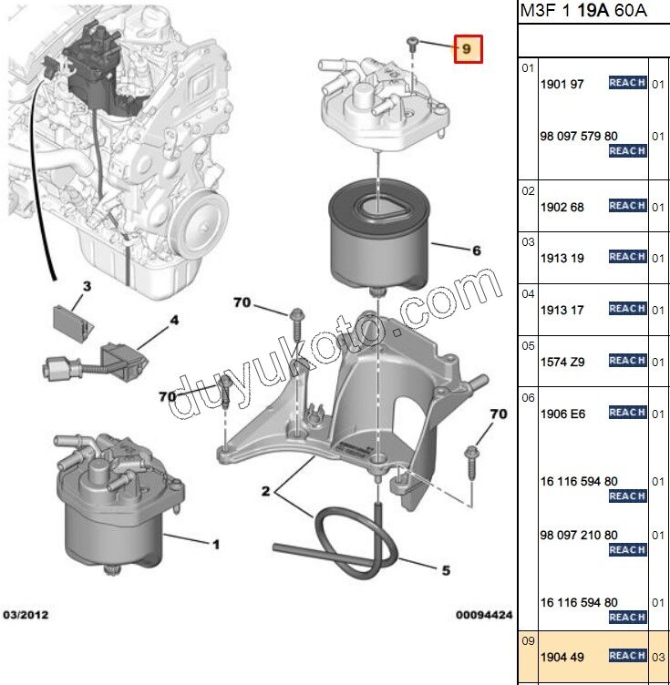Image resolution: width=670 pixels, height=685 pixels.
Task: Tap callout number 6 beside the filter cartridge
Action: coord(476,250)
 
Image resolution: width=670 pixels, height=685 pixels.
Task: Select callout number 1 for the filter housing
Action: coord(216,545)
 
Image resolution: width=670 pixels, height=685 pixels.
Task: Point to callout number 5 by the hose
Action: coord(446,571)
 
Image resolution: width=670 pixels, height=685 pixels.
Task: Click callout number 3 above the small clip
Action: coord(88,286)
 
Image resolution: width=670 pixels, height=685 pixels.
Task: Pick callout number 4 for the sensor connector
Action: coord(173,320)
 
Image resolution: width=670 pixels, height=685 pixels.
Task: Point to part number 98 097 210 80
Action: coord(579,535)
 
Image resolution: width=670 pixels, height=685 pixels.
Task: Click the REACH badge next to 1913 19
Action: coord(627,257)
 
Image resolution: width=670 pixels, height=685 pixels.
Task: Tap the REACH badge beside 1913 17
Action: coord(627,309)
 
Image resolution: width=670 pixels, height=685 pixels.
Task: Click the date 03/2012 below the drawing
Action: coord(26,615)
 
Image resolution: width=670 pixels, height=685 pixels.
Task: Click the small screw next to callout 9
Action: coord(413,42)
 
